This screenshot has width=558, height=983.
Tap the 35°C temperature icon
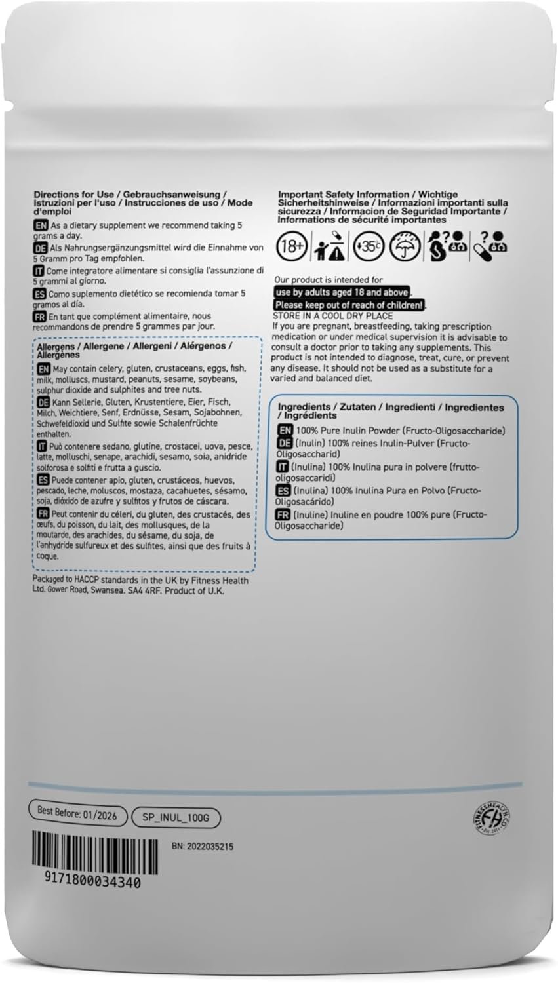tap(366, 246)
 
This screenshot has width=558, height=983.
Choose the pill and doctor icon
tap(490, 246)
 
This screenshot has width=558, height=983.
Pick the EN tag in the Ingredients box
tap(285, 431)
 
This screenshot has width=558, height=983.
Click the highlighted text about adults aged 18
tap(342, 292)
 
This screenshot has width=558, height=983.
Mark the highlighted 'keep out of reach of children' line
tap(349, 305)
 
